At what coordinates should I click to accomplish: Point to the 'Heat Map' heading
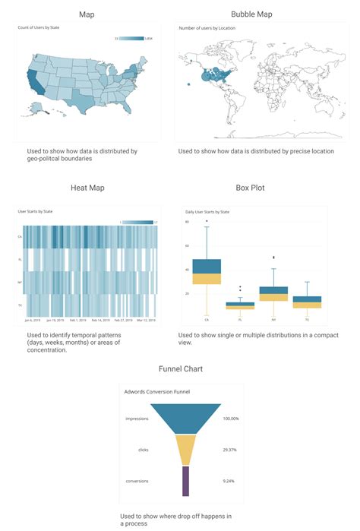tap(86, 188)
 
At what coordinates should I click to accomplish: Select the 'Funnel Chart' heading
tap(179, 368)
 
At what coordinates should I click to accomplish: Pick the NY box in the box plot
tap(273, 293)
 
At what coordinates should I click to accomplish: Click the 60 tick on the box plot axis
tap(187, 245)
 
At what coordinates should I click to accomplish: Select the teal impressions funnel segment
tap(186, 418)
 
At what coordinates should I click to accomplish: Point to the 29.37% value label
tap(231, 449)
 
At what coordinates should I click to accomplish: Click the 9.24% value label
tap(231, 481)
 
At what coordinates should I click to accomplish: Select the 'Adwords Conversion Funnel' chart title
tap(156, 391)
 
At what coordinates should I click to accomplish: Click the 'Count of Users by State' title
tap(37, 27)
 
